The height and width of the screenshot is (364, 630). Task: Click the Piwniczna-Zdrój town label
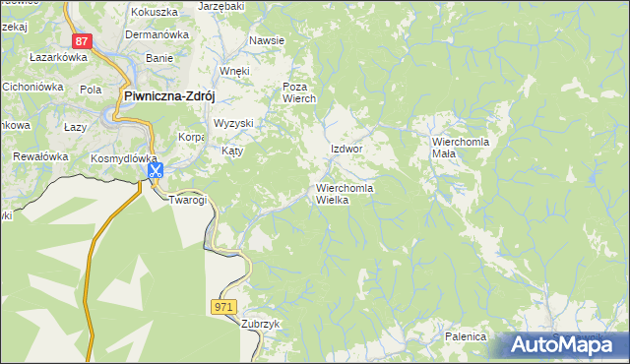pyautogui.click(x=169, y=95)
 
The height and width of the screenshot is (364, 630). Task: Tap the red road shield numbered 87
pyautogui.click(x=83, y=41)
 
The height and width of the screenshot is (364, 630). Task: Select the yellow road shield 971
pyautogui.click(x=224, y=308)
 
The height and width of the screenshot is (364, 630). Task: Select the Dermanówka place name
pyautogui.click(x=157, y=34)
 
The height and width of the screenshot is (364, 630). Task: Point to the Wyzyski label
pyautogui.click(x=234, y=123)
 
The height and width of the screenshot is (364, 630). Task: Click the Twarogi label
pyautogui.click(x=188, y=200)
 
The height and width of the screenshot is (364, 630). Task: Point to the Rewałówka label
pyautogui.click(x=38, y=156)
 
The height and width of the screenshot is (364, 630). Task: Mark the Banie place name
pyautogui.click(x=159, y=58)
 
